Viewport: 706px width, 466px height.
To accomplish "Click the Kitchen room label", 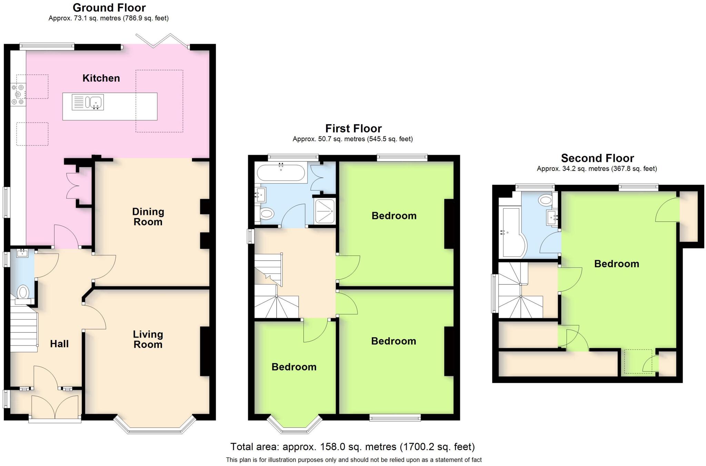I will pyautogui.click(x=101, y=78).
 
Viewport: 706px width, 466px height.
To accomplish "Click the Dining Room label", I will pyautogui.click(x=148, y=217).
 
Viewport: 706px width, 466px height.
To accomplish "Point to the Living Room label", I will pyautogui.click(x=148, y=339).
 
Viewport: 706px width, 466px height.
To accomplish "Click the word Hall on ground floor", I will pyautogui.click(x=59, y=344).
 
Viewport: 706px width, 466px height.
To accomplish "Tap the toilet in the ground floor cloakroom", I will pyautogui.click(x=23, y=293).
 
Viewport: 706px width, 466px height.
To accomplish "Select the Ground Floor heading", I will pyautogui.click(x=109, y=8).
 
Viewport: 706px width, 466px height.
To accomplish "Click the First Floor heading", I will pyautogui.click(x=353, y=128).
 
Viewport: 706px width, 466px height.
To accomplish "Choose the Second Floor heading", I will pyautogui.click(x=597, y=158).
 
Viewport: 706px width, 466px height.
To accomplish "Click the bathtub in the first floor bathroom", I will pyautogui.click(x=281, y=173).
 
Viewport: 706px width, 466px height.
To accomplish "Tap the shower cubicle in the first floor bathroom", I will pyautogui.click(x=324, y=211).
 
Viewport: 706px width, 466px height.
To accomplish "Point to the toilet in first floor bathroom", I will pyautogui.click(x=266, y=214).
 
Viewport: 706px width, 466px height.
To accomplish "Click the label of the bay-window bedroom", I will pyautogui.click(x=294, y=367).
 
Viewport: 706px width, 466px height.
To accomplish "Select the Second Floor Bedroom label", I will pyautogui.click(x=617, y=264).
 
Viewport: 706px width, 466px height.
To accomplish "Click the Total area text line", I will pyautogui.click(x=352, y=447).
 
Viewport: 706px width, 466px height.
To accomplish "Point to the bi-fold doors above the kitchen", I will pyautogui.click(x=162, y=41).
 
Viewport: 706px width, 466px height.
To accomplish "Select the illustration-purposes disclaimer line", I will pyautogui.click(x=354, y=460).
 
